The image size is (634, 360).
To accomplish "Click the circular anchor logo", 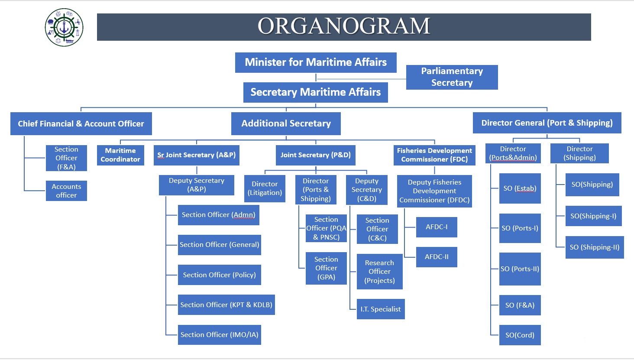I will (64, 27).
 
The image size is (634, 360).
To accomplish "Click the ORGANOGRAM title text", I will (344, 26).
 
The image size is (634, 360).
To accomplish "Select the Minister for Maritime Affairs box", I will (316, 62).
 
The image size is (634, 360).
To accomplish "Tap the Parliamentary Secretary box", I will (452, 77).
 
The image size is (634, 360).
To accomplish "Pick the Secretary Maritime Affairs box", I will (316, 92).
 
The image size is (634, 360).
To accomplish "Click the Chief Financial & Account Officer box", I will (81, 124).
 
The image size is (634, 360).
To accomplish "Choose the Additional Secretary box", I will (286, 124).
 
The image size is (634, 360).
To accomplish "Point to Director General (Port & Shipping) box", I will (547, 123).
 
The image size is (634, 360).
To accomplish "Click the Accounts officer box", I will (66, 191).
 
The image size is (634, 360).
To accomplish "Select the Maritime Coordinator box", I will (120, 155).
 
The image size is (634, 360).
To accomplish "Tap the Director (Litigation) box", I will (265, 188).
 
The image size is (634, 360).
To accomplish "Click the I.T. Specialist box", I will (380, 309).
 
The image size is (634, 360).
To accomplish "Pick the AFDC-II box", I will (437, 257).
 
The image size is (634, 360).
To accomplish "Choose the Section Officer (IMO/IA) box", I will (219, 334).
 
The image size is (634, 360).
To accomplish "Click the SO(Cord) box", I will (520, 335).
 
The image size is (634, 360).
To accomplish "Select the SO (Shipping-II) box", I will (595, 247).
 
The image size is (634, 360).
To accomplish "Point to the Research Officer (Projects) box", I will (379, 272).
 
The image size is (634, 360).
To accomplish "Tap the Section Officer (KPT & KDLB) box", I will (226, 305).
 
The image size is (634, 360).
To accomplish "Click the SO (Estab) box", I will (520, 188).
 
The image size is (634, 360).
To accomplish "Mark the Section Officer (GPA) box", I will (326, 268).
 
